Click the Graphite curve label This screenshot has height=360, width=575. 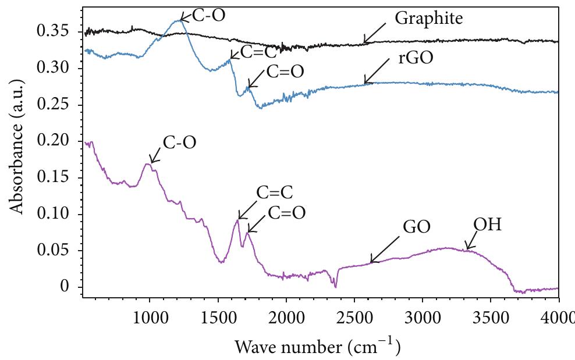(428, 19)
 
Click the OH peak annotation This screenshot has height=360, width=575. (487, 224)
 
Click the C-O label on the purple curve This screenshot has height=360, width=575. (179, 142)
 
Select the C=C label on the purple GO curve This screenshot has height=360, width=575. (274, 193)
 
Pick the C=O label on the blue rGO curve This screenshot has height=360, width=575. (285, 72)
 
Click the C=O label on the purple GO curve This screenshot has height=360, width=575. (286, 213)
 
